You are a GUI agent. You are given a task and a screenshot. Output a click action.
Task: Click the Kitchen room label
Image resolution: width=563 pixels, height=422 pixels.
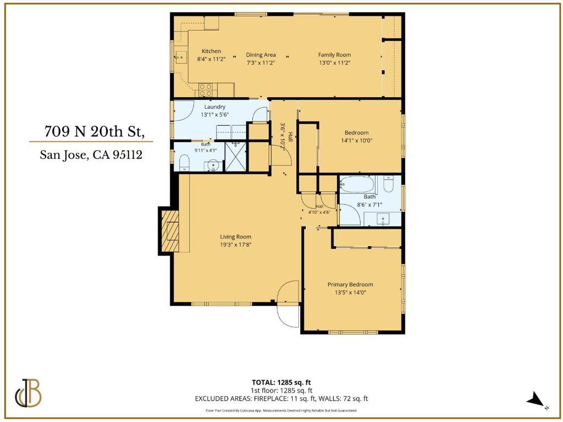(x=211, y=51)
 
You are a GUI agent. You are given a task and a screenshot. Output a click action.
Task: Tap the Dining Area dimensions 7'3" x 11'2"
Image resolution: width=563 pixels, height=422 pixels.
(x=261, y=63)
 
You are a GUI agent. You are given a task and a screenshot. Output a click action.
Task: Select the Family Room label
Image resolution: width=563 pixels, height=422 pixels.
(x=334, y=55)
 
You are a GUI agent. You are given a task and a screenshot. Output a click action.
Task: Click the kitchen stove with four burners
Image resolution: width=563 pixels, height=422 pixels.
(x=206, y=90)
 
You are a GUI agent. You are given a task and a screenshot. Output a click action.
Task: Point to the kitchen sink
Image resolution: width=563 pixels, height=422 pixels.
(x=180, y=57)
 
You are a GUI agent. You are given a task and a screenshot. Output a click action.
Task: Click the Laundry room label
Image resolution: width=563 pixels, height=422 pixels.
(x=215, y=107)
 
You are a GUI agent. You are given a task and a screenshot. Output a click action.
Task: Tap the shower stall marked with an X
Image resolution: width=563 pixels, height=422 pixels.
(x=235, y=157)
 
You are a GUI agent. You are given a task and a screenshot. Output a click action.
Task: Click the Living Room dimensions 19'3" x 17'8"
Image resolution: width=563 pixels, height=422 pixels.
(x=235, y=245)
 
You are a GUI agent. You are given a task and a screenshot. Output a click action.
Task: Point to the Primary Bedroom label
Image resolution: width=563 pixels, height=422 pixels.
(x=350, y=285)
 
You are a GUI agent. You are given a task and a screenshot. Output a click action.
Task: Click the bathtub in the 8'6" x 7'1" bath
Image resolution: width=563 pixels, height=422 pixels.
(x=357, y=185)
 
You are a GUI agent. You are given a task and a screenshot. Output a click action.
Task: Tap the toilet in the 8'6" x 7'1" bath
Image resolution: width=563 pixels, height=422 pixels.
(x=388, y=184)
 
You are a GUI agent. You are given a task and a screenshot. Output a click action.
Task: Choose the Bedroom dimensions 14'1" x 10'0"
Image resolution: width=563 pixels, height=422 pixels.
(x=356, y=141)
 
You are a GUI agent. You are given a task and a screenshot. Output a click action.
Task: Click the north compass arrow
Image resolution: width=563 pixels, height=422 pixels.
(x=536, y=399)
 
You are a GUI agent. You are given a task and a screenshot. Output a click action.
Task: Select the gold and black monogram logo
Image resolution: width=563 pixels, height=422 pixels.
(x=28, y=393)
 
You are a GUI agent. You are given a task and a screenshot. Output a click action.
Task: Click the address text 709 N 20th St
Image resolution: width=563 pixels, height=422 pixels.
(x=95, y=132)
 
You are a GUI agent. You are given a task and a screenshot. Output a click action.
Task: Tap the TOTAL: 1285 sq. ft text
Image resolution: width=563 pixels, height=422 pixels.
(x=279, y=382)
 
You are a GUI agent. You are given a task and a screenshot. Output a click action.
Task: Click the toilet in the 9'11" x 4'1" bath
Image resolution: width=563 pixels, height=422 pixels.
(x=184, y=163)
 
